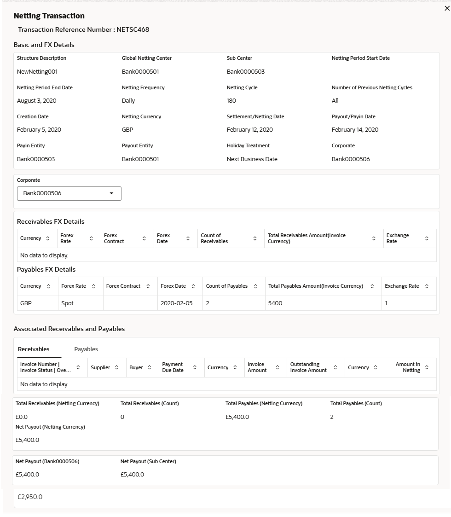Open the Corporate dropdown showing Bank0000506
pyautogui.click(x=69, y=193)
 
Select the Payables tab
pyautogui.click(x=86, y=349)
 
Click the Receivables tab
pyautogui.click(x=34, y=349)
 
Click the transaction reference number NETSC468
pyautogui.click(x=133, y=30)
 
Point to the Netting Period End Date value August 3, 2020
pyautogui.click(x=37, y=101)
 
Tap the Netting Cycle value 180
pyautogui.click(x=231, y=101)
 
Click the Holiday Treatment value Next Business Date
pyautogui.click(x=252, y=159)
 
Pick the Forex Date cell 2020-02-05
pyautogui.click(x=177, y=303)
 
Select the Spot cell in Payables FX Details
pyautogui.click(x=68, y=303)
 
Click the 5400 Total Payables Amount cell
pyautogui.click(x=276, y=303)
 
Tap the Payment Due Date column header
pyautogui.click(x=173, y=367)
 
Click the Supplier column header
pyautogui.click(x=100, y=367)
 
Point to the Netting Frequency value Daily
pyautogui.click(x=128, y=101)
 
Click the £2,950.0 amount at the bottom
pyautogui.click(x=30, y=497)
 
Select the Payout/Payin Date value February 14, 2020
pyautogui.click(x=355, y=130)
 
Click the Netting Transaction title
pyautogui.click(x=49, y=16)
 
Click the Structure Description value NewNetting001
pyautogui.click(x=37, y=72)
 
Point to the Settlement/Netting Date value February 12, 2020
pyautogui.click(x=250, y=130)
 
